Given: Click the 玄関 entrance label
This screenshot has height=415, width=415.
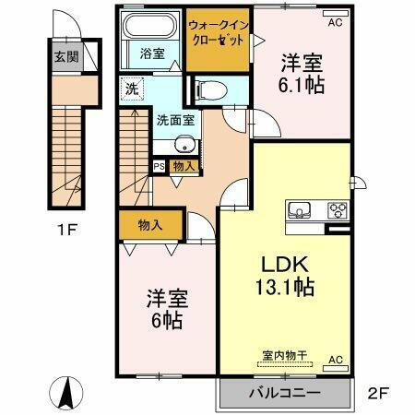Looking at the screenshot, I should [x=65, y=56].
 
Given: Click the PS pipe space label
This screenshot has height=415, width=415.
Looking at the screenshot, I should [x=159, y=166].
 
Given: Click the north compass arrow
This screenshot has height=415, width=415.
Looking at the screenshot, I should [x=67, y=393].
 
